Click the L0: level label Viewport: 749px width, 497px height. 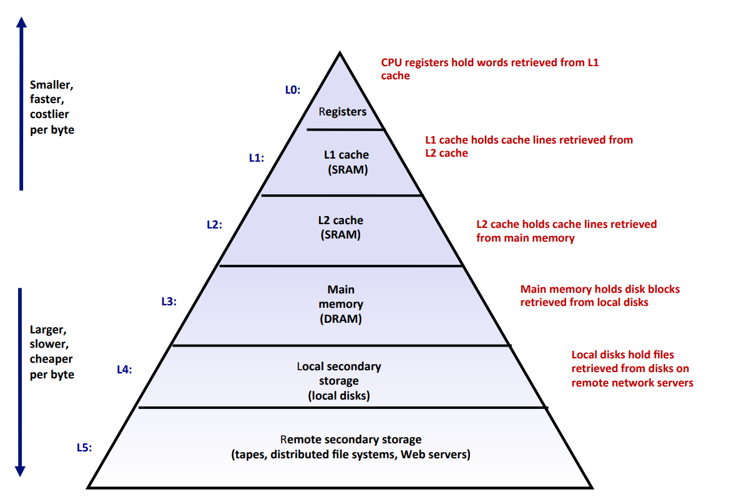click(293, 90)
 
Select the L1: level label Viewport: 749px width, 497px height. click(257, 158)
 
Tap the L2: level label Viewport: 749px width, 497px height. click(214, 224)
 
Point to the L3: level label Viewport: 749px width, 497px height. click(169, 302)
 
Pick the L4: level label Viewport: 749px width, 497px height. click(124, 369)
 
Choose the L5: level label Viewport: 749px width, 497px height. click(84, 447)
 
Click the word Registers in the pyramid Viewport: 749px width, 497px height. click(342, 112)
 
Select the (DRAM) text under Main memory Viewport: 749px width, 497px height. click(341, 318)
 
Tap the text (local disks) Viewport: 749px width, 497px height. click(339, 396)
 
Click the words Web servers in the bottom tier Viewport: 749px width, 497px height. click(435, 454)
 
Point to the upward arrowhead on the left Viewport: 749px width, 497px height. click(21, 23)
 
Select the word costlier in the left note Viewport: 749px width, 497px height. click(49, 115)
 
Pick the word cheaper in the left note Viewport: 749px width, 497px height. click(51, 359)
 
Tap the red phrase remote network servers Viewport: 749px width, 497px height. click(632, 383)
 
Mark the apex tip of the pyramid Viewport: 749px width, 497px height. click(340, 54)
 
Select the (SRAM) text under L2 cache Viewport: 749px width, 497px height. click(340, 235)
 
